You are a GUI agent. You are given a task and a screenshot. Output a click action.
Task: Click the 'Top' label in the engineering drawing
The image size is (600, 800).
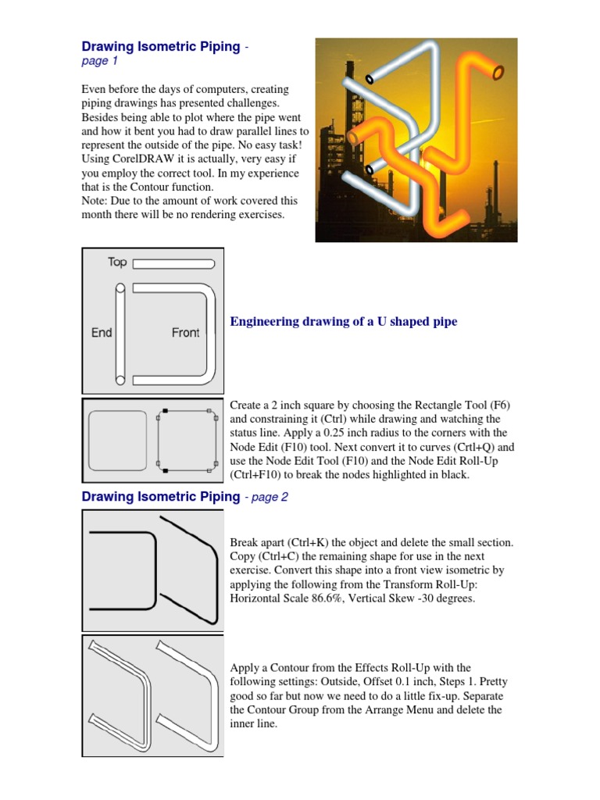click(x=117, y=262)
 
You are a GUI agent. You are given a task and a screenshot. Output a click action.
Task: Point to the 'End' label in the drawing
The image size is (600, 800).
click(x=102, y=333)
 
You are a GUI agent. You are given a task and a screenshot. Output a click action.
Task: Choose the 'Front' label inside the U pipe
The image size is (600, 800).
click(x=185, y=333)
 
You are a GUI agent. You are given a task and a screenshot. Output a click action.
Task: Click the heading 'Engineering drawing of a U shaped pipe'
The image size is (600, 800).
click(x=343, y=322)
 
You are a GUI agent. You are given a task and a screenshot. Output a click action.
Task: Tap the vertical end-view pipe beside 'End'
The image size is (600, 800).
click(x=120, y=335)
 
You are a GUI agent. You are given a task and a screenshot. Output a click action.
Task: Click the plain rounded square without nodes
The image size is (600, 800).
click(x=118, y=438)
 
